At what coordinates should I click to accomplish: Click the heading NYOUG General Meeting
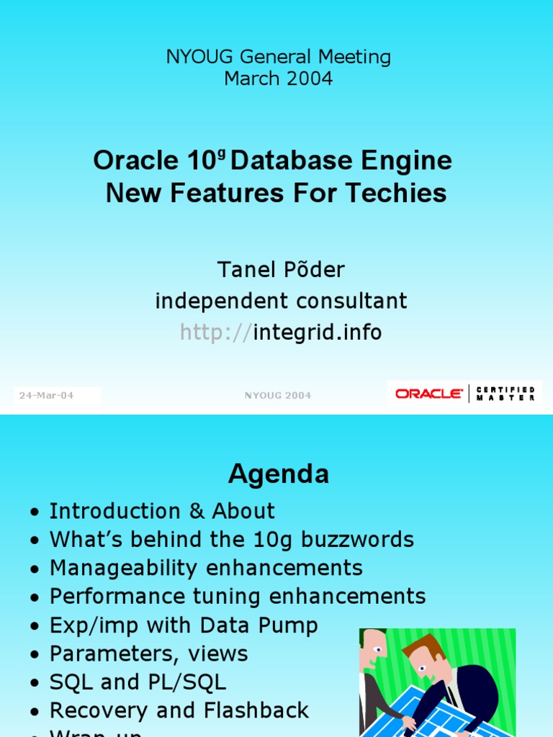click(x=278, y=58)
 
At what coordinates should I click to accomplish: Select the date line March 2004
click(x=278, y=78)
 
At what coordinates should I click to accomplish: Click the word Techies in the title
click(x=403, y=193)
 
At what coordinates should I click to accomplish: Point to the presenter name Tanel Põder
click(x=281, y=270)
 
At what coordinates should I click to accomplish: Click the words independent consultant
click(x=281, y=301)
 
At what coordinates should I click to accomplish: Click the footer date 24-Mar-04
click(x=47, y=395)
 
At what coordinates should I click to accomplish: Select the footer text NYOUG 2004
click(x=278, y=395)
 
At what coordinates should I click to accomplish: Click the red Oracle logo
click(x=429, y=394)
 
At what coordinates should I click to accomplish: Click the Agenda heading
click(x=279, y=474)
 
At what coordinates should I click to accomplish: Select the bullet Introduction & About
click(x=162, y=511)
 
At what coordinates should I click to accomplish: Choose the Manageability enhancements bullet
click(x=206, y=568)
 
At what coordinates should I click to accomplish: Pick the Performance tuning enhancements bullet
click(x=238, y=596)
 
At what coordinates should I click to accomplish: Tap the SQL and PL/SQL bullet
click(x=138, y=682)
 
